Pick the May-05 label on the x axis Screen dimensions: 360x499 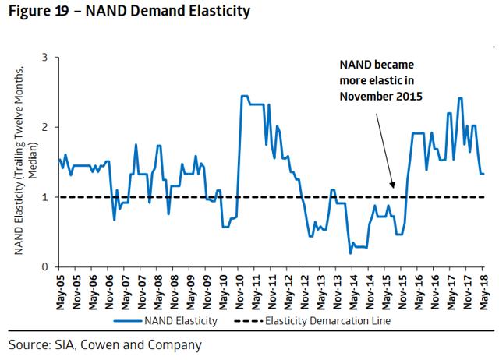(60, 291)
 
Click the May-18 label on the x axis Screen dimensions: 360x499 (483, 291)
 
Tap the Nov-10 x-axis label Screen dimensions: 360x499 (239, 291)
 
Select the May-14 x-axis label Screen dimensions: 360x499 (352, 291)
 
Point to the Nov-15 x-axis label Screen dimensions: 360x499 (402, 291)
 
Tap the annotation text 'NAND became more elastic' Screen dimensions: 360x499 (380, 80)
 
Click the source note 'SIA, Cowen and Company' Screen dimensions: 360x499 (105, 344)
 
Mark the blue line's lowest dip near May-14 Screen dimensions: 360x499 (351, 252)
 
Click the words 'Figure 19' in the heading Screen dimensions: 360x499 (34, 12)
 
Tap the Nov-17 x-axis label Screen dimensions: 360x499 (466, 291)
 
